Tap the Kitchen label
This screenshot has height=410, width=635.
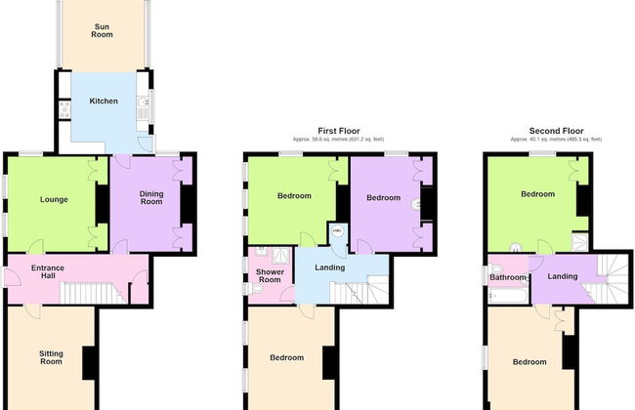tap(104, 102)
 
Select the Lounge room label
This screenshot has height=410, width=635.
tap(54, 200)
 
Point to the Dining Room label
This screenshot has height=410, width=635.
tap(151, 198)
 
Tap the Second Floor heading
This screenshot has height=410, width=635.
tap(556, 130)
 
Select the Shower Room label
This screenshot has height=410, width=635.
tap(269, 275)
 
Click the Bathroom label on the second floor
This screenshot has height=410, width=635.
tap(508, 277)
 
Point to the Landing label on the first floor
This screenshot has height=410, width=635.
tap(328, 267)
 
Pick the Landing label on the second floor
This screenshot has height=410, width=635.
tap(562, 276)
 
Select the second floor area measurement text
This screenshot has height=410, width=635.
tap(556, 140)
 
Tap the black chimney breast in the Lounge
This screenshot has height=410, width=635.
tap(102, 204)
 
